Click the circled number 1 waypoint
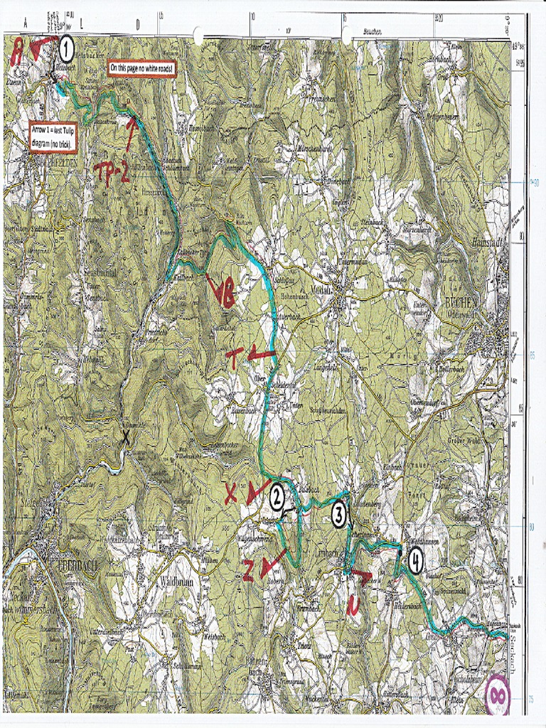[66, 49]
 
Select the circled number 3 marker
[340, 514]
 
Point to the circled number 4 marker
[415, 562]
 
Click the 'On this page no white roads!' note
[141, 68]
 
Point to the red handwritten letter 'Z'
[248, 569]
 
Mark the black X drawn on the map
[127, 438]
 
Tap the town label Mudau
[331, 278]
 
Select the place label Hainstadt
[488, 243]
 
